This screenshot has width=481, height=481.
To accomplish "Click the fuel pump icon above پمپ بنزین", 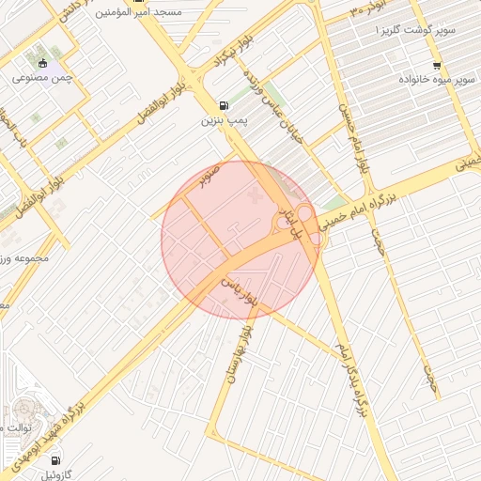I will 223,105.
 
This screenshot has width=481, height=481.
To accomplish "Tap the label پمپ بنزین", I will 224,121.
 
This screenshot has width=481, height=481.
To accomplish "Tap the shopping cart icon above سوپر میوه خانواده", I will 437,66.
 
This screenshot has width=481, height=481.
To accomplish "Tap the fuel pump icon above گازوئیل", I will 55,460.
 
